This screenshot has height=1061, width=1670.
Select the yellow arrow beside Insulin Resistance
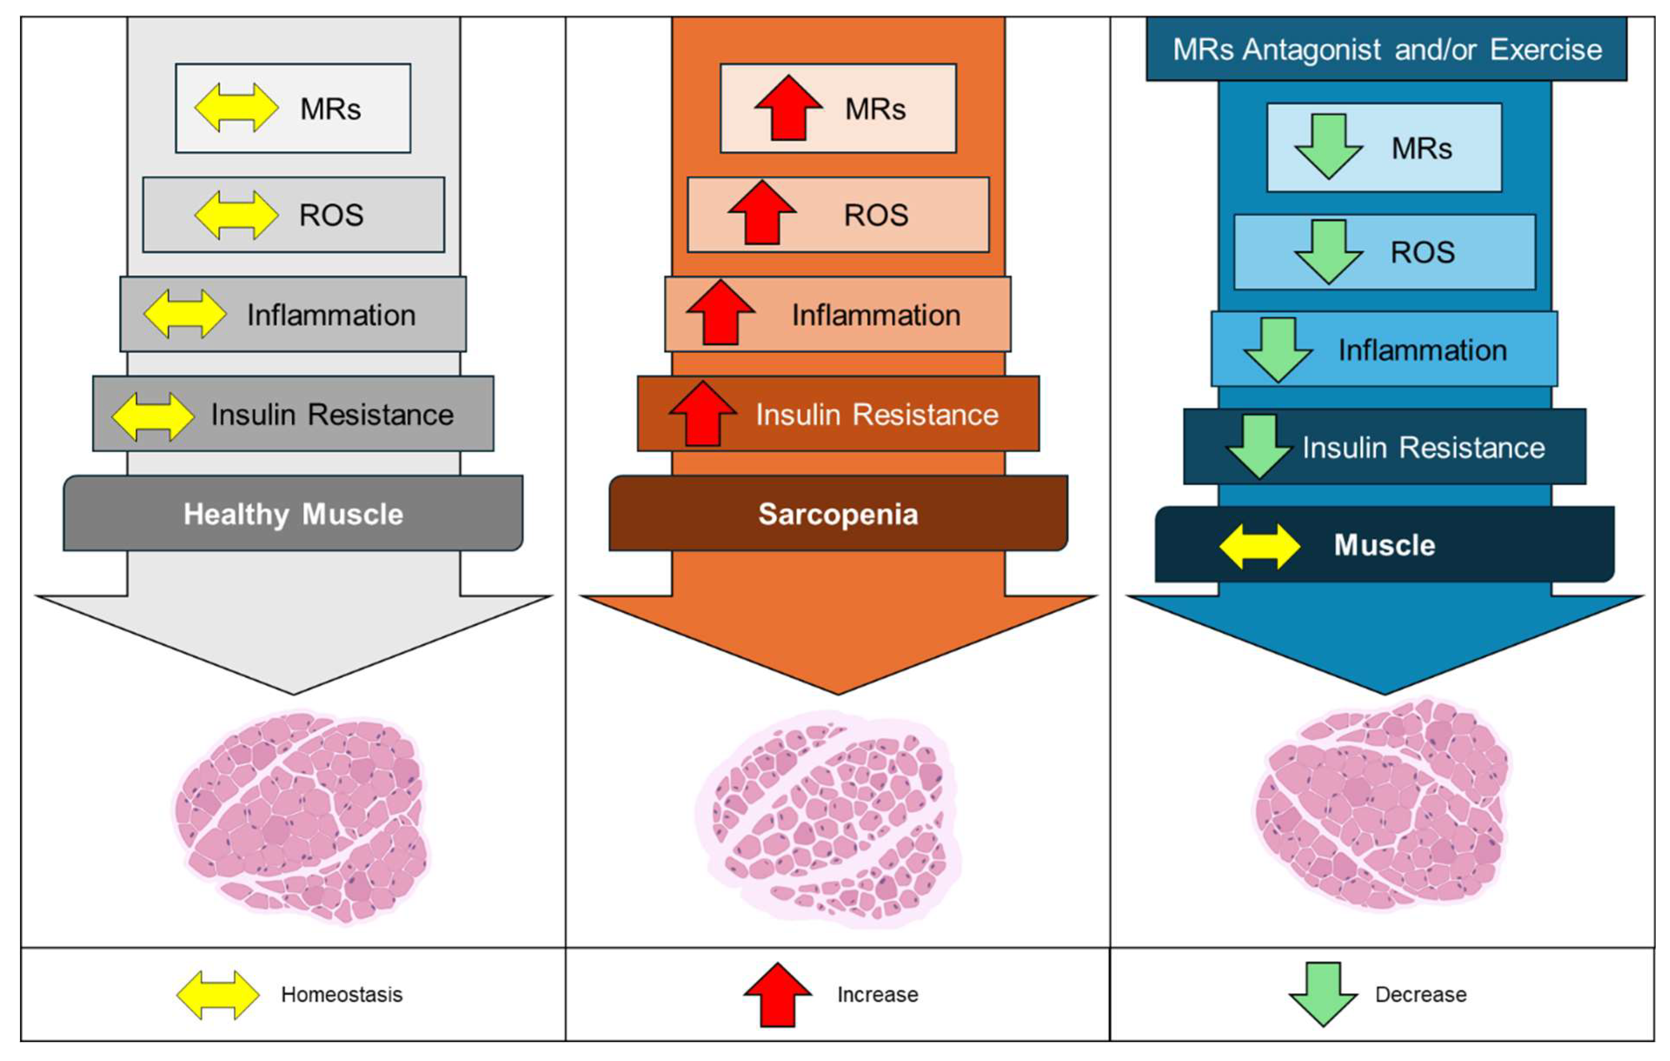click(x=152, y=416)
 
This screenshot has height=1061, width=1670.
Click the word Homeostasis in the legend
click(x=341, y=994)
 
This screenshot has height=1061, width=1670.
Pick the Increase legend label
click(x=877, y=994)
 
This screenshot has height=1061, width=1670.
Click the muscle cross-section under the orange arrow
click(x=829, y=819)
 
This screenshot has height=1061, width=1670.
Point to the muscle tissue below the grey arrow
click(x=302, y=815)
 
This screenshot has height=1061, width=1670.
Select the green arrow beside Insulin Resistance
click(x=1259, y=446)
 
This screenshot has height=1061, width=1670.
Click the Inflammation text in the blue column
click(x=1422, y=350)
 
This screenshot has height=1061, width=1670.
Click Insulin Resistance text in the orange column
click(x=877, y=414)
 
